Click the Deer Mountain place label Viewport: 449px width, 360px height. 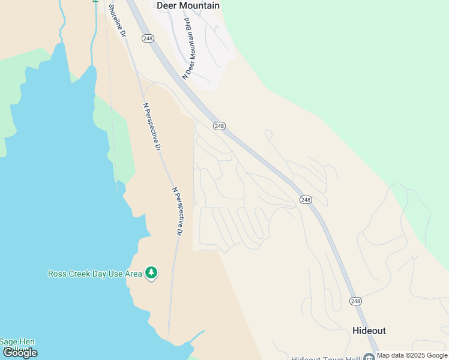pos(187,5)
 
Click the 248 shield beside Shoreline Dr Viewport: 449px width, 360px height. pos(148,38)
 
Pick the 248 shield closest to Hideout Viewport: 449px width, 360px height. pos(355,301)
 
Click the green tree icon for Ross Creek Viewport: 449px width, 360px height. pos(152,274)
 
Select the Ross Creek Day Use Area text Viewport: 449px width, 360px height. pos(95,274)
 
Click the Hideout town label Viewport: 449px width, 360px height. pos(369,331)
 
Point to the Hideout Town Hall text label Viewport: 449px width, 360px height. pos(325,358)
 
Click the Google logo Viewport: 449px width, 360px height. pos(20,353)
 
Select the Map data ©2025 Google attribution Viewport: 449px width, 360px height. pos(412,355)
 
